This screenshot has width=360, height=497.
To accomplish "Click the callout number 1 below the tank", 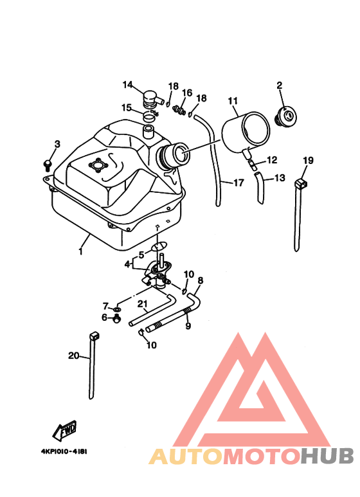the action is [81, 251].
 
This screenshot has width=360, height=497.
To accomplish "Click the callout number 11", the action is [233, 101].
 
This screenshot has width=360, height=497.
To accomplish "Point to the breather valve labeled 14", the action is [152, 98].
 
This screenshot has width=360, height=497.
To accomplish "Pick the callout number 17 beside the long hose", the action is [239, 183].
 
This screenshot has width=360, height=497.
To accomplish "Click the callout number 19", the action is [308, 160].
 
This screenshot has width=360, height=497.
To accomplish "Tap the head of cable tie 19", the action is [301, 183].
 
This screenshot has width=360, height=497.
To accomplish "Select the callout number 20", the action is [73, 356].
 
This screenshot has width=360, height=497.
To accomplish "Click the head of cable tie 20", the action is [94, 336].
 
